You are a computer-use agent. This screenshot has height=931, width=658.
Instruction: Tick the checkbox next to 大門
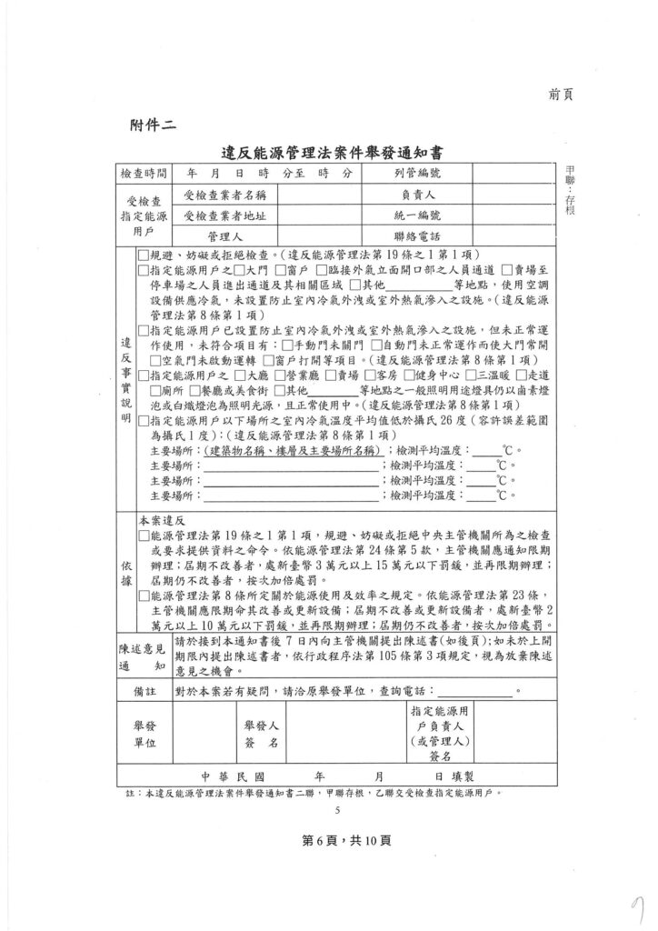[x=239, y=270]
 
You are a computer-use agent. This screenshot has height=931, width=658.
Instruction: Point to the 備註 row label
[x=144, y=693]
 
